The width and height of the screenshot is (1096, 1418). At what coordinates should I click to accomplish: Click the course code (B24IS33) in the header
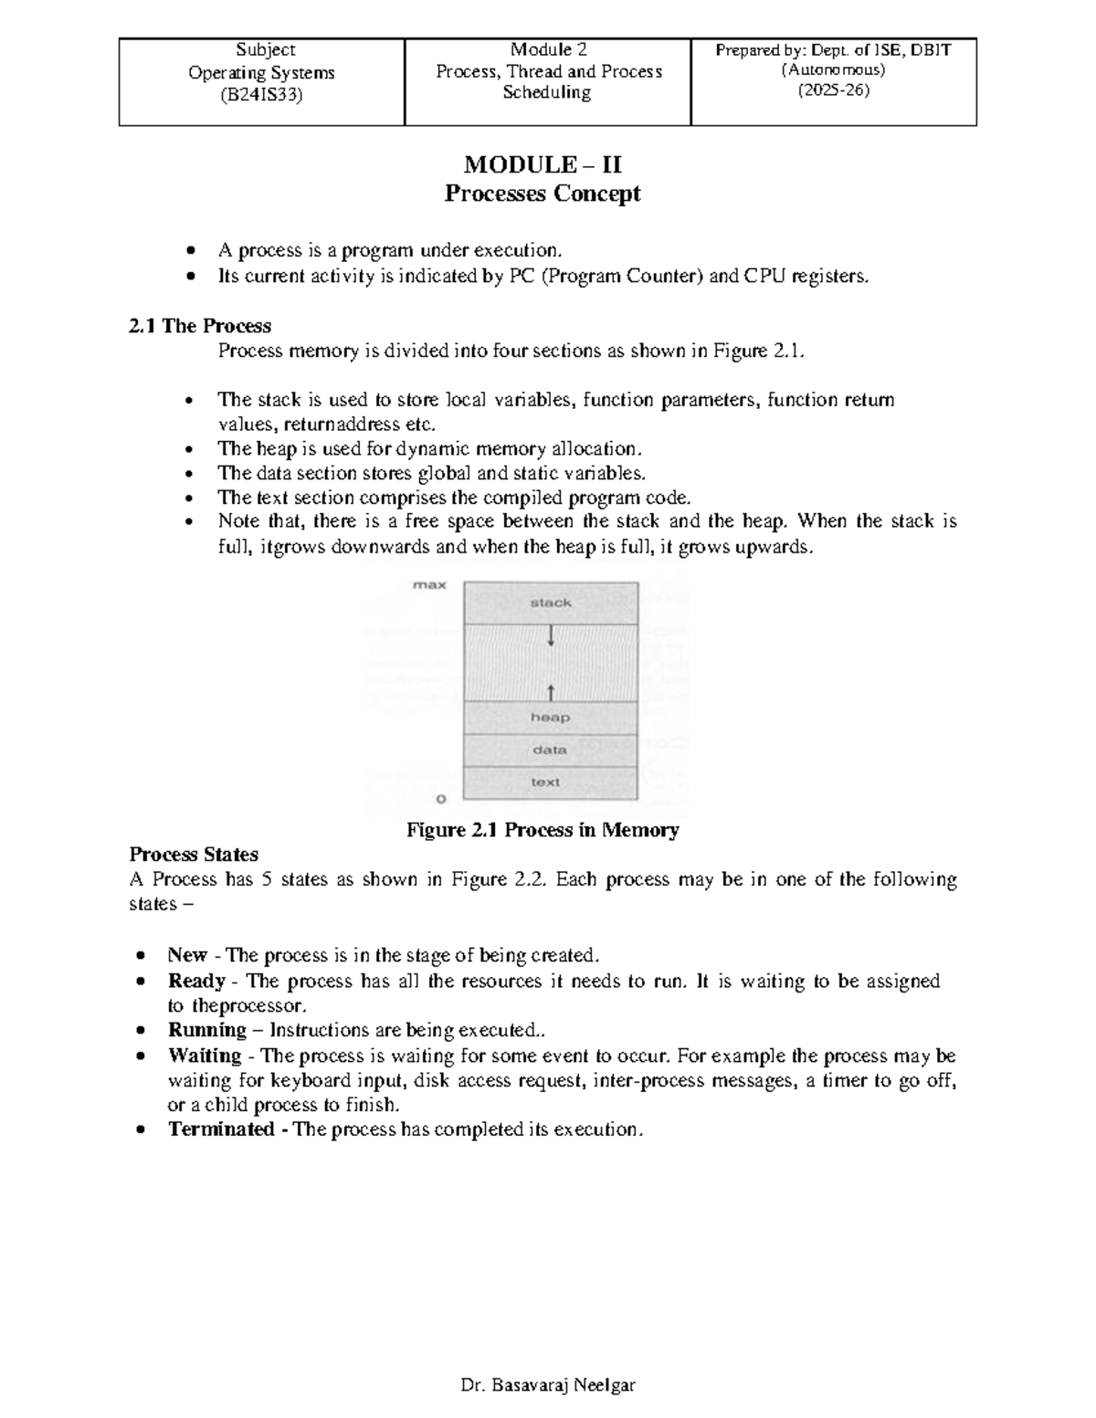(261, 94)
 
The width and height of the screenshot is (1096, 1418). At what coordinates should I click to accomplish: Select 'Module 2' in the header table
(548, 49)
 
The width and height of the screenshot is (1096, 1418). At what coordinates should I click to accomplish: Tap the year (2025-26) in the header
(834, 90)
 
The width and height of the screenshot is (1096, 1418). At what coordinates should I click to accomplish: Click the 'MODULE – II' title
(543, 164)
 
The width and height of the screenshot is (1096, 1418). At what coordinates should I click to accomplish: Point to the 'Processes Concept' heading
(543, 194)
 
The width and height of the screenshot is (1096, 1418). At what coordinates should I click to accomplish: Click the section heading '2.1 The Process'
(200, 326)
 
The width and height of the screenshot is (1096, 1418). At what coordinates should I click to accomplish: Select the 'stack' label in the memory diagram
(551, 603)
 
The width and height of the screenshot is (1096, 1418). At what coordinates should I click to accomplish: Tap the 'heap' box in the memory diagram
(550, 718)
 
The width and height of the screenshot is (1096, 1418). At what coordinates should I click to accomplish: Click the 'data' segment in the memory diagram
(550, 750)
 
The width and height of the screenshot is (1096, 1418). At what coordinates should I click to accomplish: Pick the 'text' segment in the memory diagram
(545, 782)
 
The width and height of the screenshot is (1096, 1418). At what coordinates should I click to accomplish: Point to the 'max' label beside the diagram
(429, 585)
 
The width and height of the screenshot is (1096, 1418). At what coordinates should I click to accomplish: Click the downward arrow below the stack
(551, 635)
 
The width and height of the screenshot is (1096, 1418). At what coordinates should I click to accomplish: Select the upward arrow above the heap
(551, 689)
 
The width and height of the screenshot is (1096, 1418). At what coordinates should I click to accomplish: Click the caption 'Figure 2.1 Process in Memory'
(543, 830)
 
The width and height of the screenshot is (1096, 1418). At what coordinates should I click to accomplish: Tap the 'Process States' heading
(194, 855)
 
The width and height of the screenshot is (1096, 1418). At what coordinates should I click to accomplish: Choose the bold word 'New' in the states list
(187, 955)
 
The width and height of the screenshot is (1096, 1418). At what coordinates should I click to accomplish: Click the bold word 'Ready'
(196, 981)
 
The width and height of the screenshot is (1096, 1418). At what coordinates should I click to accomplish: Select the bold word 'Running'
(207, 1030)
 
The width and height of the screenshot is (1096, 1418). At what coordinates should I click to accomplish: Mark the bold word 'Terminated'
(221, 1129)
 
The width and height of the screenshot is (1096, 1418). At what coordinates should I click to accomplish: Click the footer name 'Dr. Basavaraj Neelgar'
(548, 1385)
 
